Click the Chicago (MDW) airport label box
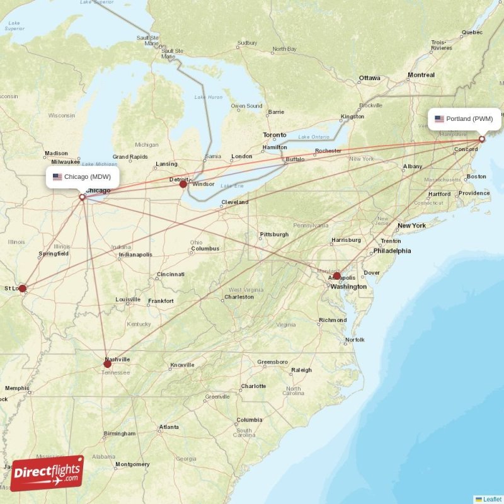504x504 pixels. click(83, 177)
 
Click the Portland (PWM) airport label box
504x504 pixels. click(465, 118)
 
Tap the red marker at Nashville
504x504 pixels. click(107, 364)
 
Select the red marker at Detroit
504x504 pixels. click(183, 184)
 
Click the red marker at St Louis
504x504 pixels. click(23, 289)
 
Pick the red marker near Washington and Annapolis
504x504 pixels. click(336, 276)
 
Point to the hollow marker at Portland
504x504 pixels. click(482, 139)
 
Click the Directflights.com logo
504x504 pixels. click(47, 473)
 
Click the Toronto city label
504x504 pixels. click(274, 135)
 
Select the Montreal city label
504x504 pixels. click(421, 75)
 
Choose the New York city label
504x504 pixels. click(411, 226)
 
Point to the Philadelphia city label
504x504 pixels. click(392, 251)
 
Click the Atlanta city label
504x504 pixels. click(169, 427)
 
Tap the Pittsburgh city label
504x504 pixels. click(274, 235)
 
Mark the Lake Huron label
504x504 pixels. click(209, 97)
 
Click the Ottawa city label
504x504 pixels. click(370, 78)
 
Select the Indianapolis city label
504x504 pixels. click(135, 255)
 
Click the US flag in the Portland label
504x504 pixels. click(439, 118)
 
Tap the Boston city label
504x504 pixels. click(476, 176)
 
